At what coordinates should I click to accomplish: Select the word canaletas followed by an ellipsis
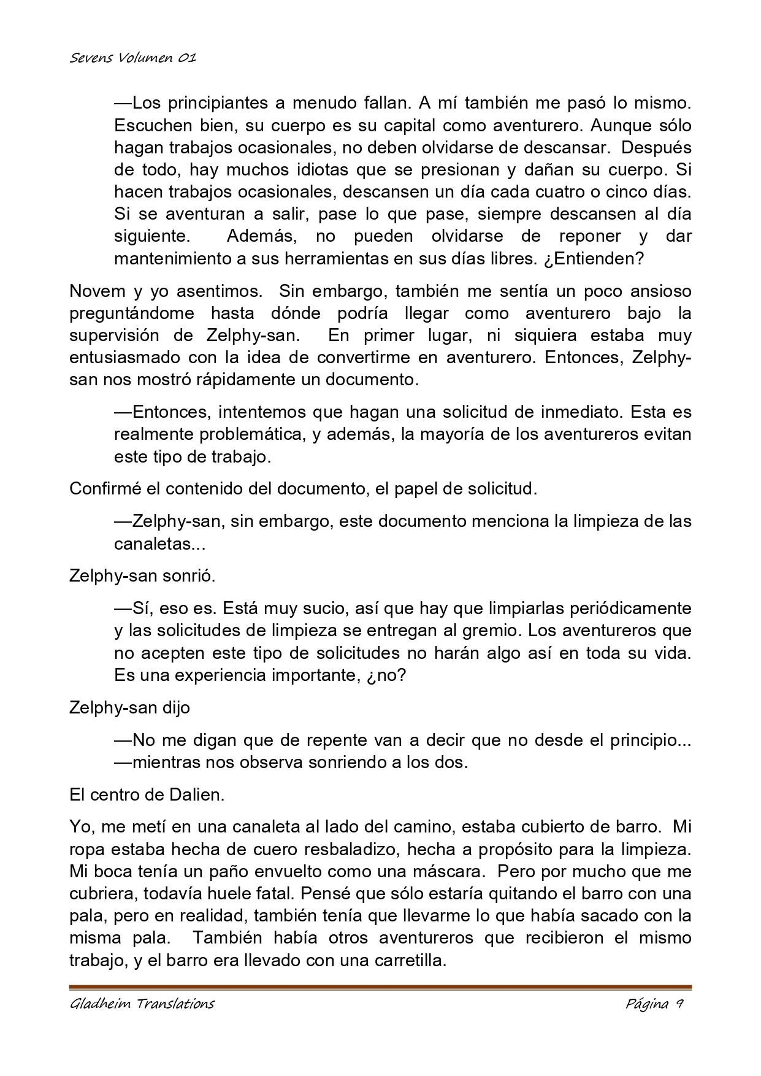pyautogui.click(x=151, y=544)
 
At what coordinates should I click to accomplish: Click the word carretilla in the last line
pyautogui.click(x=409, y=960)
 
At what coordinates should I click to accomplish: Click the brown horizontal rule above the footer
pyautogui.click(x=380, y=988)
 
